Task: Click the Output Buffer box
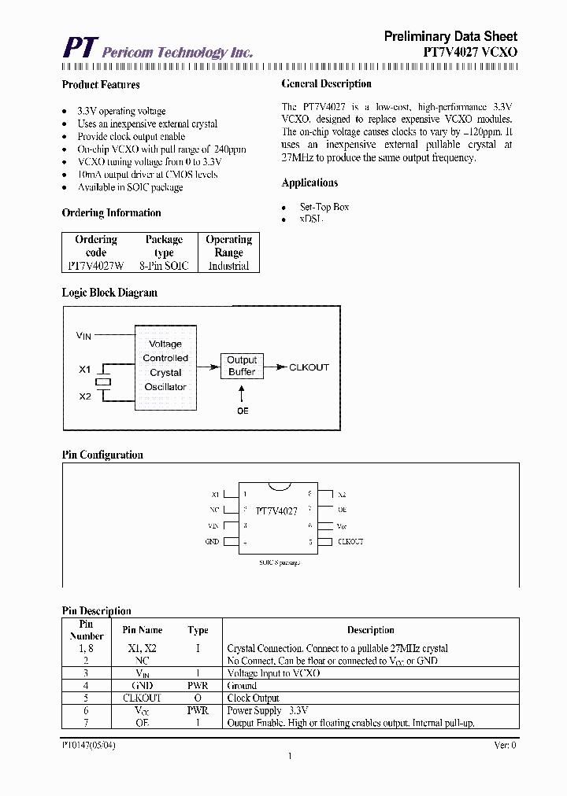point(242,366)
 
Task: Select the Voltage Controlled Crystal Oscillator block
point(165,365)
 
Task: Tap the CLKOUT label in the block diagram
point(309,367)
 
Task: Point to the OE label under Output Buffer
point(242,411)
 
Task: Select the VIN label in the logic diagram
point(83,336)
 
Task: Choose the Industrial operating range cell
point(228,266)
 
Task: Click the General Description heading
point(326,84)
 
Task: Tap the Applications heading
point(309,182)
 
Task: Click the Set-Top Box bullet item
point(324,207)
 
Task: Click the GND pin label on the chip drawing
point(213,542)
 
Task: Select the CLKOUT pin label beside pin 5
point(350,542)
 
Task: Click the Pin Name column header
point(143,630)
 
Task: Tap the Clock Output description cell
point(253,698)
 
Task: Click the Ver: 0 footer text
point(505,744)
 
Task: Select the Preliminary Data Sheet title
point(450,36)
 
